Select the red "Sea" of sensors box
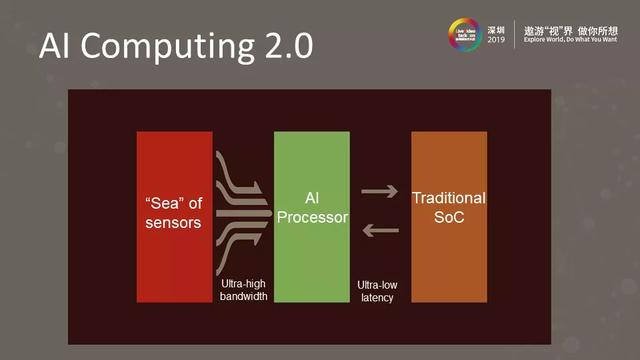[x=174, y=216]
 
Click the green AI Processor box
[x=311, y=216]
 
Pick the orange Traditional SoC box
[x=448, y=216]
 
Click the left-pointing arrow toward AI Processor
[x=379, y=232]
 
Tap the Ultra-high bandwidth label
[x=244, y=290]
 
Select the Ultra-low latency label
[x=380, y=291]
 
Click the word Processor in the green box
[x=311, y=217]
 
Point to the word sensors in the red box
[x=174, y=222]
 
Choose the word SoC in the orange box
[x=448, y=217]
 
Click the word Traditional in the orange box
[x=448, y=199]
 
